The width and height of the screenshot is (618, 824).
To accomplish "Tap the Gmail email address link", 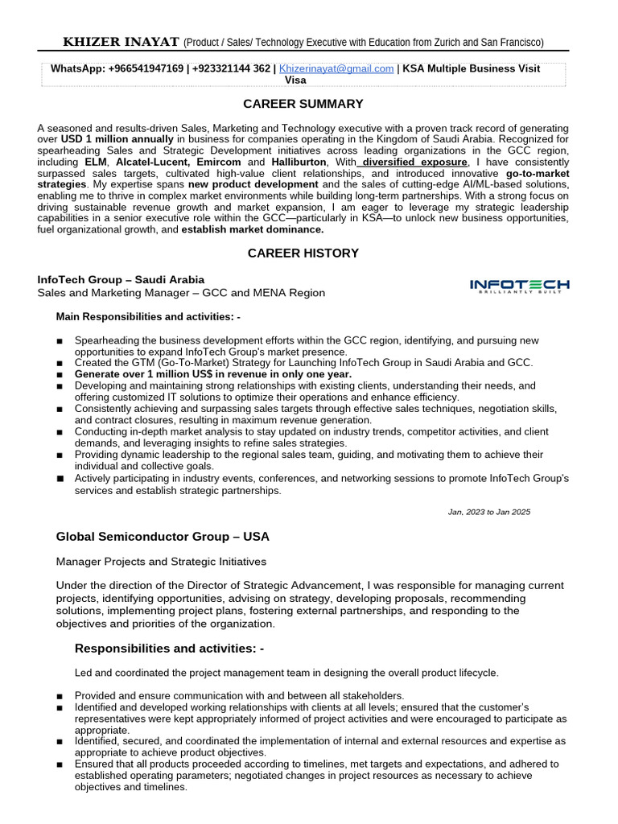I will [336, 69].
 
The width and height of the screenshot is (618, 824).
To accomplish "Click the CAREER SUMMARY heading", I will [303, 104].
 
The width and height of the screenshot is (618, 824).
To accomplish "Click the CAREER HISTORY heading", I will [303, 253].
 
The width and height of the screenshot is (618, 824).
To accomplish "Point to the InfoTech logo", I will [519, 286].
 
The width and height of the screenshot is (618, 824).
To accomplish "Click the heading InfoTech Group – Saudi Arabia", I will [121, 280].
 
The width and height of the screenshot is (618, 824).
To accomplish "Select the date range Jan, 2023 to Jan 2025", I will [488, 512].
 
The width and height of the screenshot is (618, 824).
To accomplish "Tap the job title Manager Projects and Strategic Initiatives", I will [161, 562].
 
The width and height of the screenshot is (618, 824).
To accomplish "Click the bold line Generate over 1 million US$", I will [213, 374].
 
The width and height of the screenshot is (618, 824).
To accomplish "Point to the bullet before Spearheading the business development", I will [60, 341].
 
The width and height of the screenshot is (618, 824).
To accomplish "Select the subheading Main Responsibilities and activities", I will [148, 316].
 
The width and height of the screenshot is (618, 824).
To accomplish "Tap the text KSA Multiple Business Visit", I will [472, 69].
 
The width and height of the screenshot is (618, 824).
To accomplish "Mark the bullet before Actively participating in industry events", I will [60, 479].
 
